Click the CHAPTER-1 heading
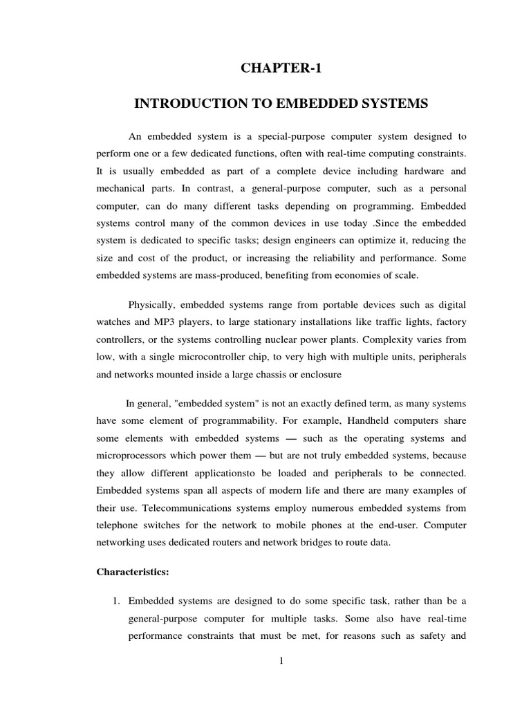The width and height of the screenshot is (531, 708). pos(281,68)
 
